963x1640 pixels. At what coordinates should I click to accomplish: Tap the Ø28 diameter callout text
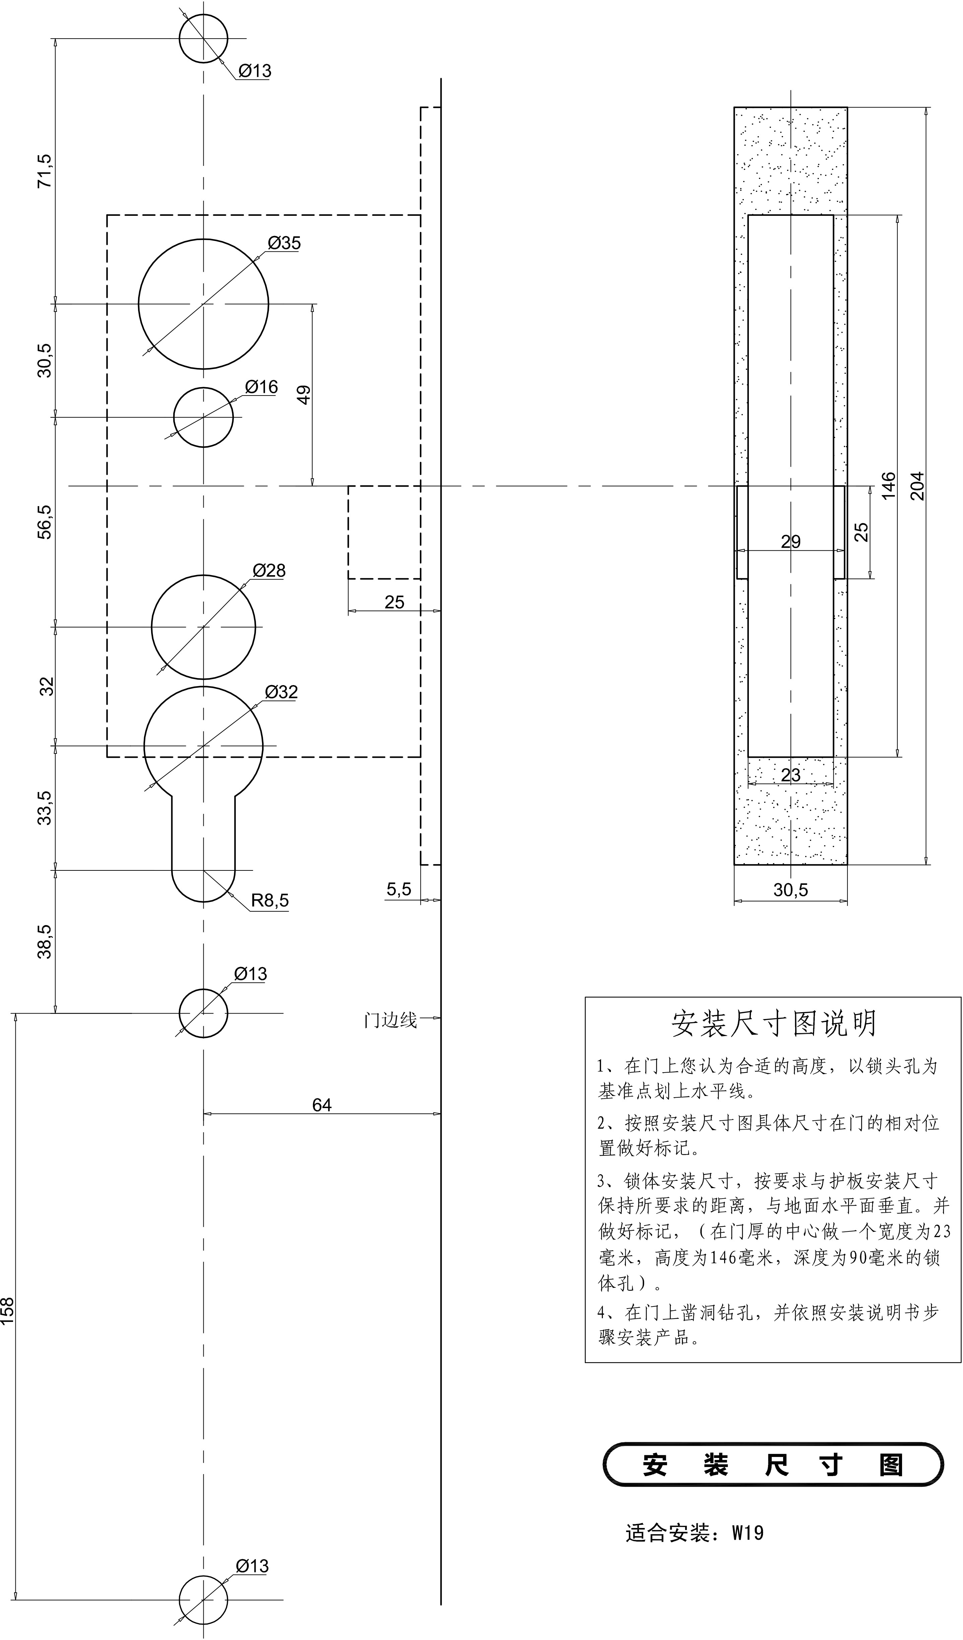click(269, 571)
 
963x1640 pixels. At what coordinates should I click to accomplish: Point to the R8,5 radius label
click(269, 901)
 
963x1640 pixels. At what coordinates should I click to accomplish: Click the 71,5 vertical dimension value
click(45, 171)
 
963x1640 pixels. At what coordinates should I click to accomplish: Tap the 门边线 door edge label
click(390, 1020)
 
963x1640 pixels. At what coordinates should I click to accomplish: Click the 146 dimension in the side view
click(888, 485)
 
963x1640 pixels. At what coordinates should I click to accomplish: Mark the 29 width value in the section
click(790, 541)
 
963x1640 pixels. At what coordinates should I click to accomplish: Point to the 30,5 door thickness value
click(790, 890)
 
